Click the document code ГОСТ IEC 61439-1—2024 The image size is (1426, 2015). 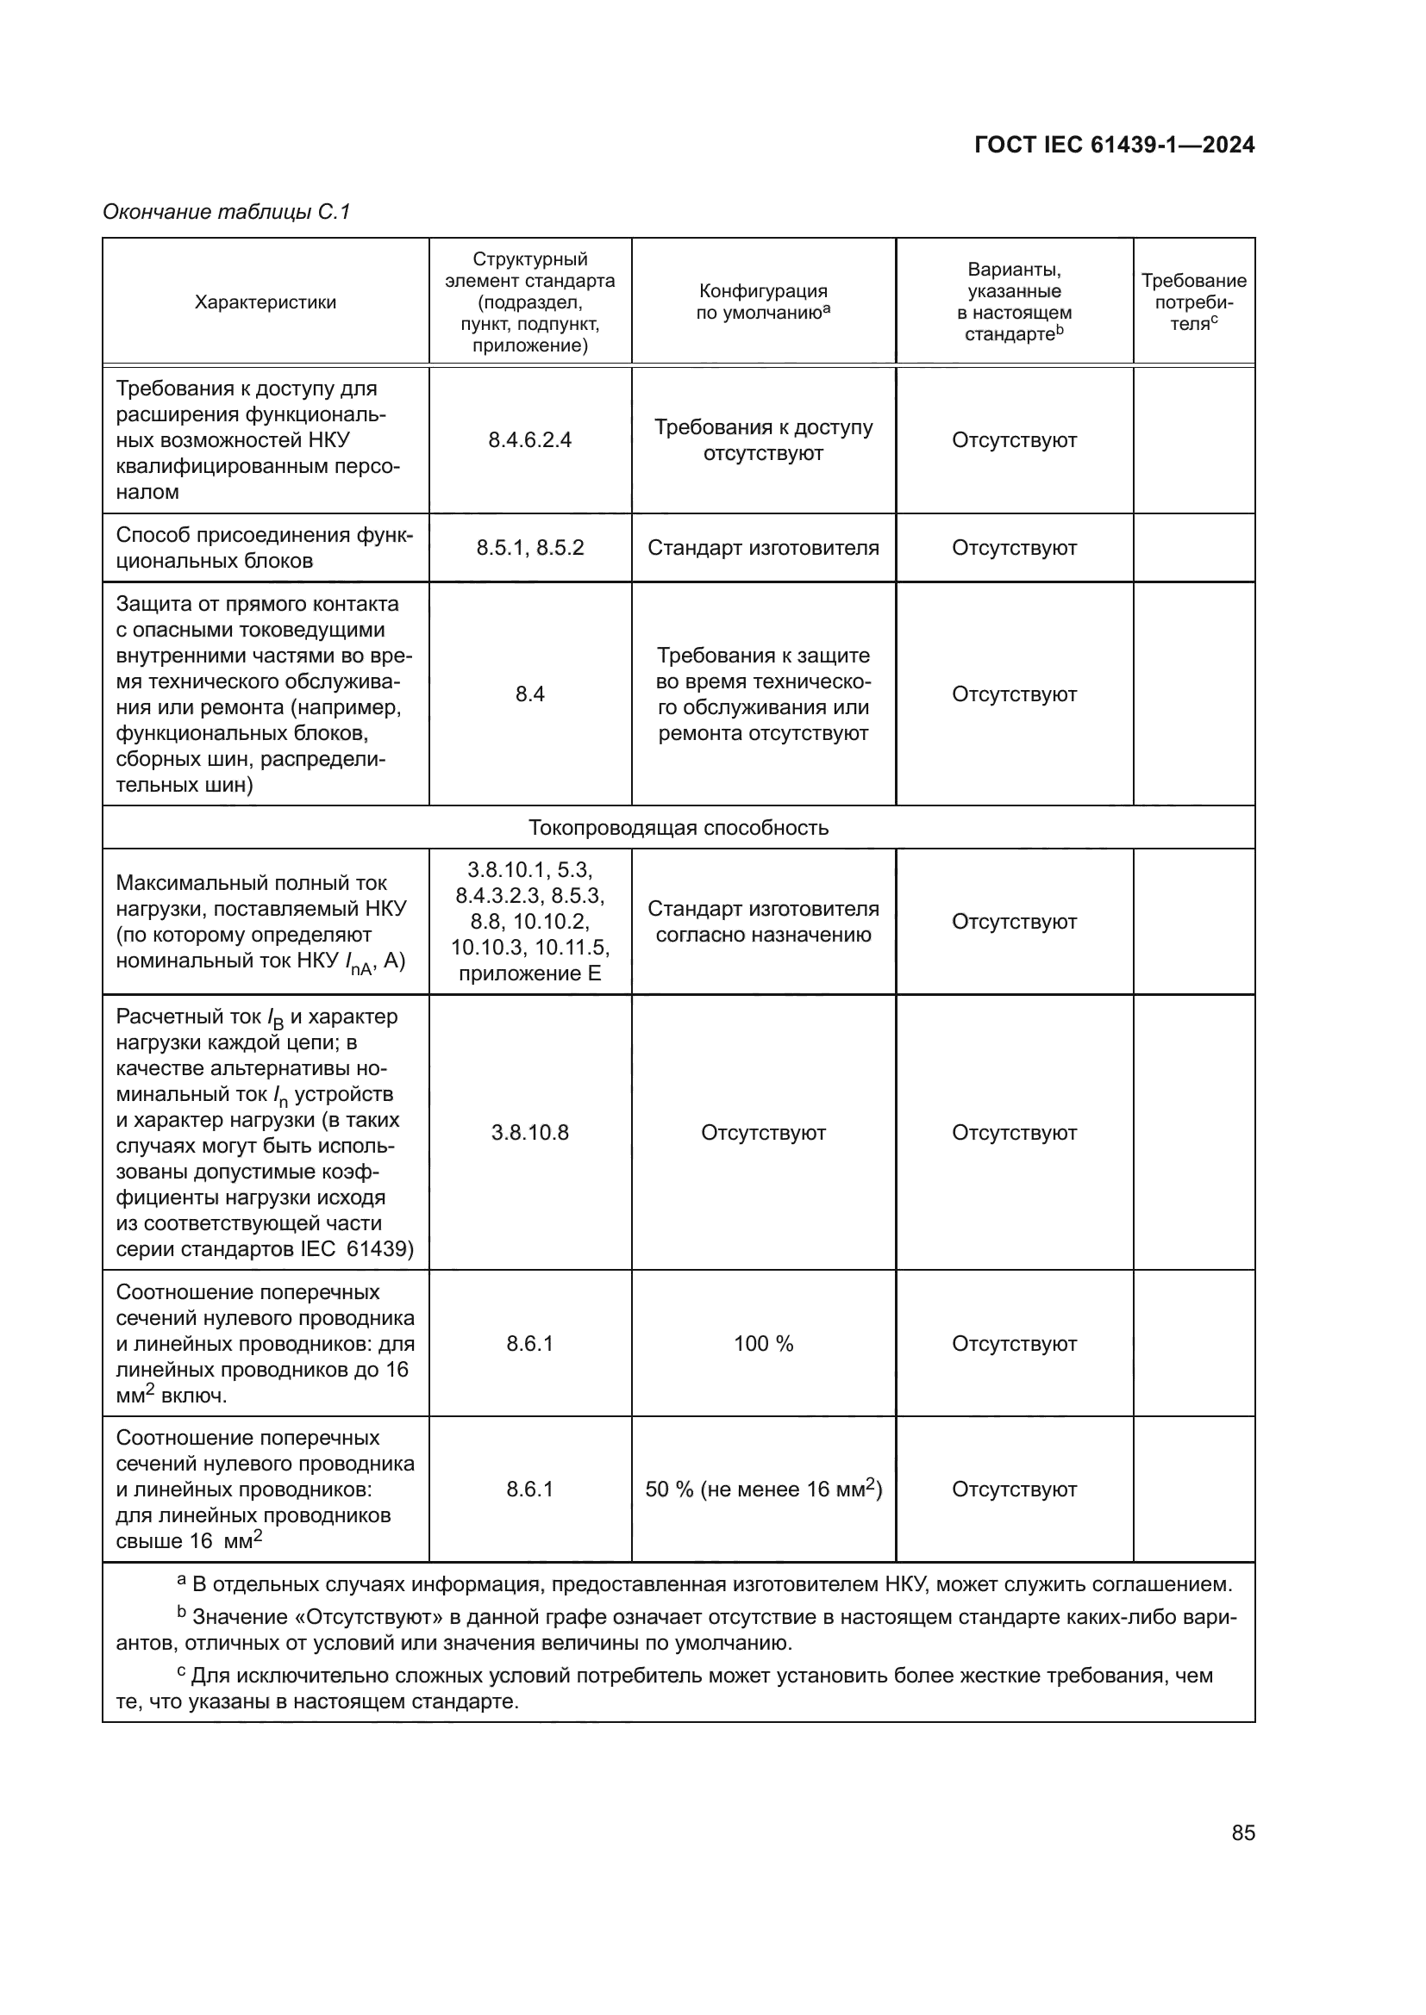pos(1113,145)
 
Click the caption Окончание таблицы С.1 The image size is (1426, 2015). pos(227,212)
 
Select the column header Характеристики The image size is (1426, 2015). pos(266,302)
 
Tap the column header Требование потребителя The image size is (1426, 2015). pos(1193,302)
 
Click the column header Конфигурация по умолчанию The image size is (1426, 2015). pos(763,302)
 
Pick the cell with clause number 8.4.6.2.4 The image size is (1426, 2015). pos(529,439)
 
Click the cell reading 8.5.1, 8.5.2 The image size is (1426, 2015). pos(529,548)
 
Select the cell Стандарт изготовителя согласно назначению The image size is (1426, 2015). pos(763,922)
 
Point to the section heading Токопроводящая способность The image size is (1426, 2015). pos(678,828)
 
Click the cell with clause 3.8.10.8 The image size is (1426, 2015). pos(529,1132)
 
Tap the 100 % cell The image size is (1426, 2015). pos(763,1344)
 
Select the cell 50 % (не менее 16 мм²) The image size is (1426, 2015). pos(763,1489)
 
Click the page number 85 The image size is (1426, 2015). pos(1242,1832)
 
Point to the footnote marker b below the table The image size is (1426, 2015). pos(182,1612)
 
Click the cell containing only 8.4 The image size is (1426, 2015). pos(529,694)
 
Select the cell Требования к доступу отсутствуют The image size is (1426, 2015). pos(763,439)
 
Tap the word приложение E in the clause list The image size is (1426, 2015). pos(529,973)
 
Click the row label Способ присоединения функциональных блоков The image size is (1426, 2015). pos(265,548)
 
